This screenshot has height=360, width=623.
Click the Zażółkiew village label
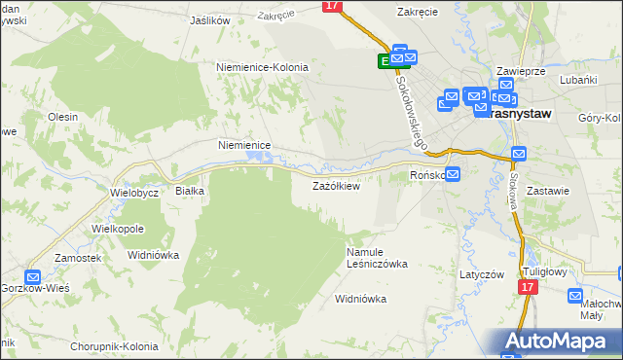point(336,186)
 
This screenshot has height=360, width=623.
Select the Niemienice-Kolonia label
point(262,67)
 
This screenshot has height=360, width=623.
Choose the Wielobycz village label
point(134,192)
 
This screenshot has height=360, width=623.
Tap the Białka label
point(189,191)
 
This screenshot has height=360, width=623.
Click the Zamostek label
point(79,258)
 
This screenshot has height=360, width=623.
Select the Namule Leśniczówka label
point(377,257)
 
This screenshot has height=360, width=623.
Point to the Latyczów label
point(482,274)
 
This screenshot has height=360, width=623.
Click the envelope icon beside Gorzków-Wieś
point(32,277)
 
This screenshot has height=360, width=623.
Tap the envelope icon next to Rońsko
point(453,174)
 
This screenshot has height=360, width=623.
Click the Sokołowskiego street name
point(413,112)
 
